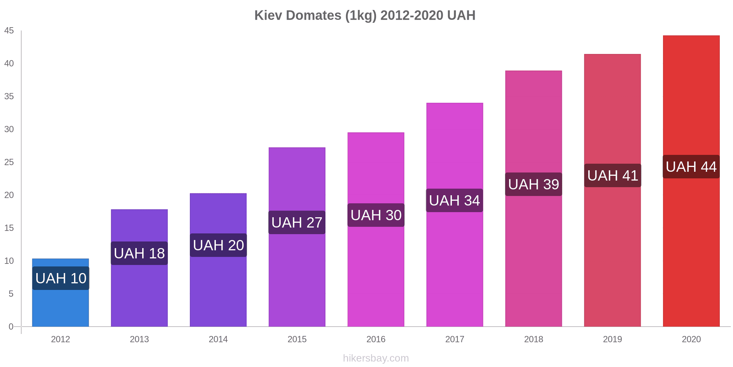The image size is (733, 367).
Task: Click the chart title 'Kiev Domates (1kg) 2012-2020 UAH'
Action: point(365,15)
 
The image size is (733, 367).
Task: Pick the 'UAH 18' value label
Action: point(139,253)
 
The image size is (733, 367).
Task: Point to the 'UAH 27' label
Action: point(297,222)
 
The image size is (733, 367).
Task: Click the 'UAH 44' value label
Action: point(691,167)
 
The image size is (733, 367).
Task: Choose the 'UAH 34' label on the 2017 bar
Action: point(454,200)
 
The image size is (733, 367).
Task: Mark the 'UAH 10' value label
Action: point(61,278)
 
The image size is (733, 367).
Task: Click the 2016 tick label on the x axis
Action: point(376,339)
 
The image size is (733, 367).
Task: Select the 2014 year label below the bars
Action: point(218,339)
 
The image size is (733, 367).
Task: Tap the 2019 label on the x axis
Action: point(612,339)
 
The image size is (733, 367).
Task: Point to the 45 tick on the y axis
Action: point(9,31)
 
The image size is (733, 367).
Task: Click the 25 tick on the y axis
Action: point(9,162)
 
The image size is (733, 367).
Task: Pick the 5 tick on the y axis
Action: point(11,294)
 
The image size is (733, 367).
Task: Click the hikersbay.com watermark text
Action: point(376,358)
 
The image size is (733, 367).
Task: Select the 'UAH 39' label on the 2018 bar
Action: point(534,184)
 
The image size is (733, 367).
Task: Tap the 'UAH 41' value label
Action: point(612,175)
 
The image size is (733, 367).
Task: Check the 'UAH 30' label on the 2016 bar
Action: point(376,215)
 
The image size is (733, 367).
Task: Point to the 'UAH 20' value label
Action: point(218,245)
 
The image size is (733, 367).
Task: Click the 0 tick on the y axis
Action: point(11,327)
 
